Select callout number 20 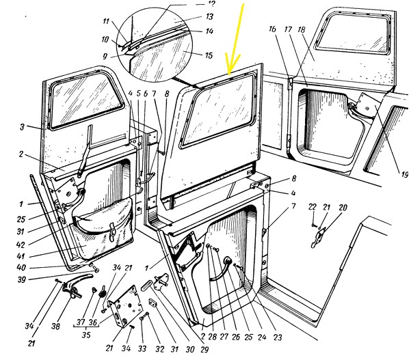coord(343,207)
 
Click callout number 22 coord(310,207)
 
